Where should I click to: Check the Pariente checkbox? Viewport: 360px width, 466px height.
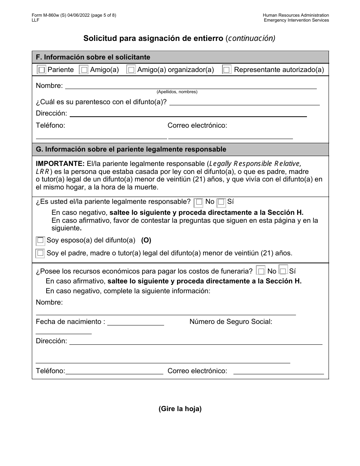pos(42,70)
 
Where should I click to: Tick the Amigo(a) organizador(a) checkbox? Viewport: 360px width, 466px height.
pos(131,70)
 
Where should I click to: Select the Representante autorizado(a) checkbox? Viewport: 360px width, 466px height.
pos(227,70)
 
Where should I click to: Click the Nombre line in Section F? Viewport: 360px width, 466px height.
pos(191,86)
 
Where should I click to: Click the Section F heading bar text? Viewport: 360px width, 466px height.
pos(93,57)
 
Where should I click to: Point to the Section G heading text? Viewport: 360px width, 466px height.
pos(131,149)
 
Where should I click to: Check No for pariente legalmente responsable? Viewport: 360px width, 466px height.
pos(198,203)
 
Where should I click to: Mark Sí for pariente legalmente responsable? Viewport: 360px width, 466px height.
pos(221,203)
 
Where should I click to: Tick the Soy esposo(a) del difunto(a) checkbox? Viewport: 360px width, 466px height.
pos(41,241)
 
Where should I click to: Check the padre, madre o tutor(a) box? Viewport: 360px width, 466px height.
pos(40,253)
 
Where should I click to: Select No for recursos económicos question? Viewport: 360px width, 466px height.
pos(261,271)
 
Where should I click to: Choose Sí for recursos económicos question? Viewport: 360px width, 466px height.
pos(283,271)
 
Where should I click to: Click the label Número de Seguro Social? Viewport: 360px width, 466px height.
pos(231,322)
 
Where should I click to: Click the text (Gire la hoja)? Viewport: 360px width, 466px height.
pos(180,409)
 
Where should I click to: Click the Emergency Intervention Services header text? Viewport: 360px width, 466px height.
pos(296,20)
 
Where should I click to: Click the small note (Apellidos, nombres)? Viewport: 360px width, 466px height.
pos(177,92)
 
